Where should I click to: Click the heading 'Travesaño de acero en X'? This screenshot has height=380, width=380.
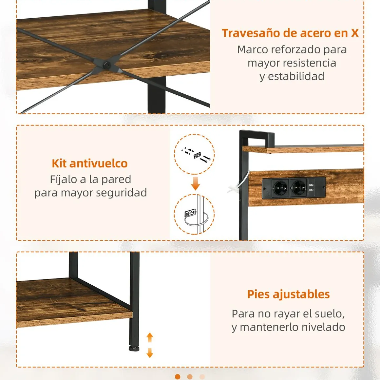pyautogui.click(x=290, y=33)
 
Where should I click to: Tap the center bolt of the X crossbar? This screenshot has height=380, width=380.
pyautogui.click(x=107, y=65)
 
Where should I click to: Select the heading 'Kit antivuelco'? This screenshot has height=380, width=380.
pyautogui.click(x=90, y=163)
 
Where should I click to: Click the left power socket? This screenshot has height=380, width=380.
pyautogui.click(x=280, y=188)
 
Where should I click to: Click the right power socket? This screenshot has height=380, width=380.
pyautogui.click(x=298, y=188)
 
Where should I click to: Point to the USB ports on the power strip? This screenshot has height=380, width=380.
pyautogui.click(x=311, y=188)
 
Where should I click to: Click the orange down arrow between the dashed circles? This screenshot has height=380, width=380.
pyautogui.click(x=195, y=183)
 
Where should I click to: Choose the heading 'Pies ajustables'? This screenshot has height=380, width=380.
pyautogui.click(x=288, y=294)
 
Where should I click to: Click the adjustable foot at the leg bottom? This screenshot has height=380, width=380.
pyautogui.click(x=134, y=348)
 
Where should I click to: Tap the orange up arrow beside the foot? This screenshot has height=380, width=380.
pyautogui.click(x=150, y=337)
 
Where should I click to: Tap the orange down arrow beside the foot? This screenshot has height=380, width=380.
pyautogui.click(x=150, y=353)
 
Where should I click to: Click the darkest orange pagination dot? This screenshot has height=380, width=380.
pyautogui.click(x=178, y=377)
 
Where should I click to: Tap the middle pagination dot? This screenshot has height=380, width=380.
pyautogui.click(x=190, y=377)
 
